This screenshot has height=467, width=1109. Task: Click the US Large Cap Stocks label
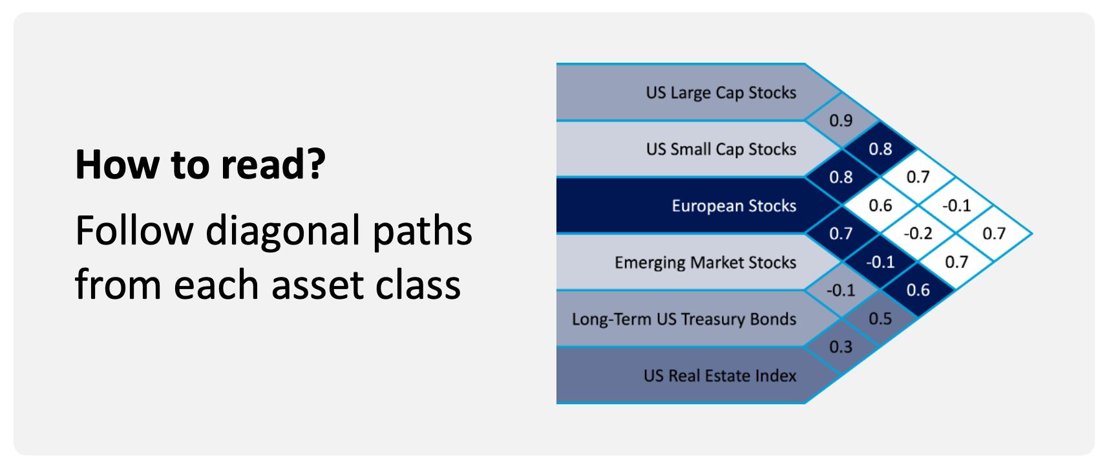[721, 93]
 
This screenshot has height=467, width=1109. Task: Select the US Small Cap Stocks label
[721, 149]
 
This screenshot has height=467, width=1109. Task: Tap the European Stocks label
[734, 206]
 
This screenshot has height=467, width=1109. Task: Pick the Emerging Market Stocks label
[706, 263]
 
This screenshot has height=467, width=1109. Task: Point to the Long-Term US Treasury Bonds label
[684, 319]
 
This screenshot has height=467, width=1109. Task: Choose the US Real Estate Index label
[720, 376]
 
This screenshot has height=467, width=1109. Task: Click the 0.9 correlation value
[841, 121]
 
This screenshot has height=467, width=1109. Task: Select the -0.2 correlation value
[918, 234]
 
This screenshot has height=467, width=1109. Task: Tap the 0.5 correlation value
[880, 319]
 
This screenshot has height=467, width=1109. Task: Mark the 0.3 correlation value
[841, 347]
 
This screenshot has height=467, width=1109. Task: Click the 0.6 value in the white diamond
[880, 206]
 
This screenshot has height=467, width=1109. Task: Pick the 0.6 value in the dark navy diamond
[918, 290]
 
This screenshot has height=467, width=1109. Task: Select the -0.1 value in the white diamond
[956, 206]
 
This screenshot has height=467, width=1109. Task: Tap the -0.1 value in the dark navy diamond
[880, 262]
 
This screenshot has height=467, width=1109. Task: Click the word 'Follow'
[134, 230]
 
